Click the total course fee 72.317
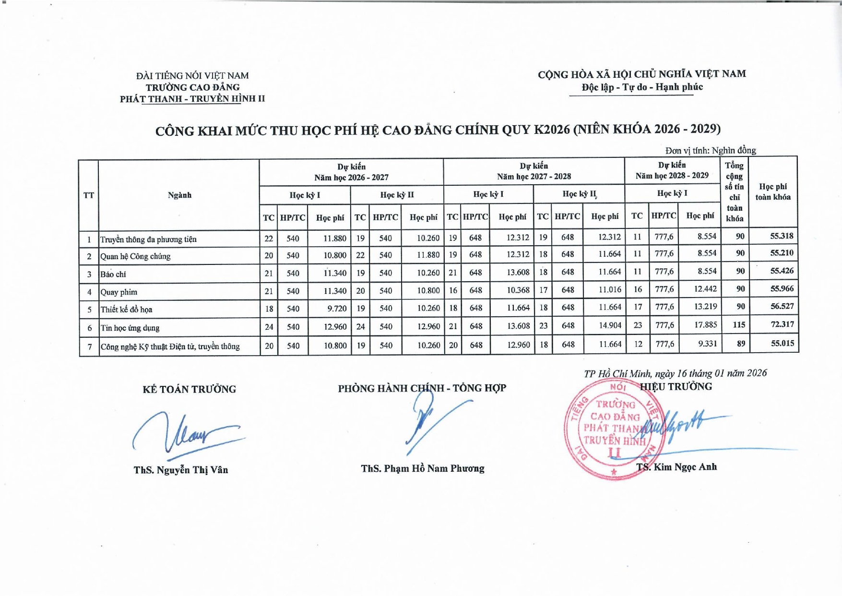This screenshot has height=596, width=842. [x=782, y=324]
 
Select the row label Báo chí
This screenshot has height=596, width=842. [x=113, y=274]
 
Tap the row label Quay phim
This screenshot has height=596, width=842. [x=119, y=292]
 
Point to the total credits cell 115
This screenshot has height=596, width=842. [x=739, y=325]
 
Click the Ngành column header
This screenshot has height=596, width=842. [x=179, y=195]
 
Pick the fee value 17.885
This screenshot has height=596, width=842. [x=705, y=325]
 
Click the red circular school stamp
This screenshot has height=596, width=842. [x=614, y=429]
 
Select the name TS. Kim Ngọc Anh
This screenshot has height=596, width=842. [x=676, y=467]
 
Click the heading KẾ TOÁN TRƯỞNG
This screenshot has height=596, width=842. [x=189, y=389]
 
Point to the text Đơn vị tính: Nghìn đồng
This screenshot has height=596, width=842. [x=711, y=151]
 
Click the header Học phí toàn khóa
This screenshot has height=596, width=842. [x=773, y=191]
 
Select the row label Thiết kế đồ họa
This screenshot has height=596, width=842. [x=126, y=310]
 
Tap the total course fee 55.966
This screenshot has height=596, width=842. [x=782, y=289]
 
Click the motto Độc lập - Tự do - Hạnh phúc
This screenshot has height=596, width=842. [x=642, y=87]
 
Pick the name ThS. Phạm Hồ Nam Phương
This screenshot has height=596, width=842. [x=423, y=468]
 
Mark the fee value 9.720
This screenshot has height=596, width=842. [x=337, y=309]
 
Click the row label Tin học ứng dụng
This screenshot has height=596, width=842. [x=130, y=328]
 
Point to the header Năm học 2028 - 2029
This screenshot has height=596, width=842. [x=672, y=176]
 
